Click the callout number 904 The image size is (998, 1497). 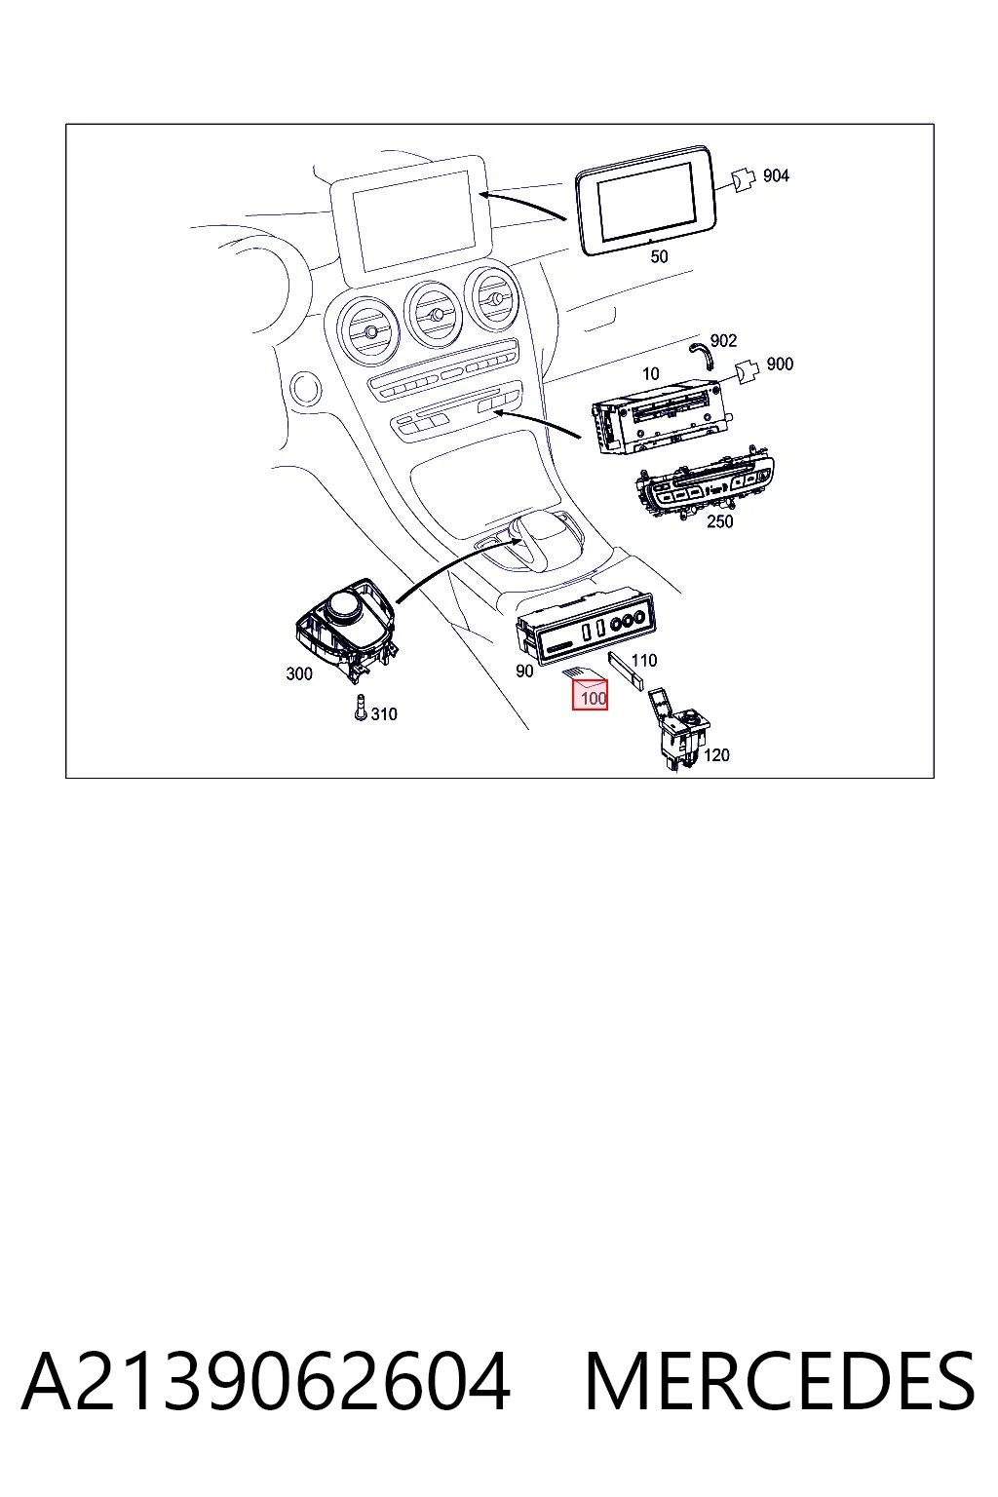[x=776, y=175]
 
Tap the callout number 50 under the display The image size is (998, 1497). [x=659, y=256]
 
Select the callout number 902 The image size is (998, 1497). [x=723, y=341]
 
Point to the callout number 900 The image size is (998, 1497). [x=780, y=365]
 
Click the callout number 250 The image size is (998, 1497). [x=720, y=521]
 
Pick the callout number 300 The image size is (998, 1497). [x=299, y=673]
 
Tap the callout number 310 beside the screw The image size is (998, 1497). [x=384, y=714]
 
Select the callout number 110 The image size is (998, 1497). [x=643, y=660]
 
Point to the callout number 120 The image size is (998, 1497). [x=716, y=755]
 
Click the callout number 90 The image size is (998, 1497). [x=524, y=671]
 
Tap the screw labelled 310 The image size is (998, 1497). [x=361, y=708]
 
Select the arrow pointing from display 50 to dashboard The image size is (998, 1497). [x=522, y=205]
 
